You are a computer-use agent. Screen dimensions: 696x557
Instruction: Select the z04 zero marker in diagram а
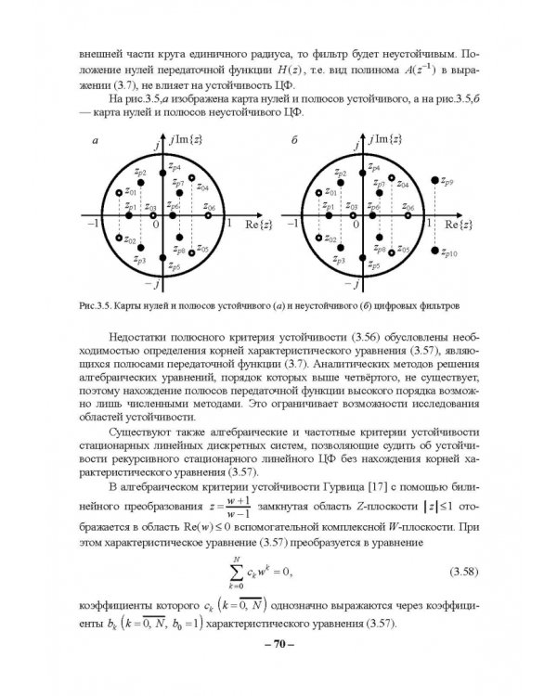coord(191,176)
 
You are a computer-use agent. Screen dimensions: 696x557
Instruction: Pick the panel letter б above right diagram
coord(293,141)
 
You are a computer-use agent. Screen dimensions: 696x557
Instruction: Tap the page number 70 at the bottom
coord(278,644)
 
